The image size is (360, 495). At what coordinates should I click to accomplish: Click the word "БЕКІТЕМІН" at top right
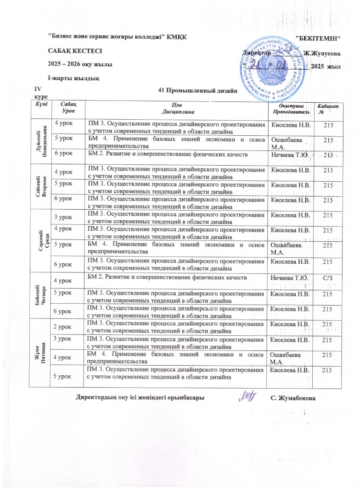click(320, 36)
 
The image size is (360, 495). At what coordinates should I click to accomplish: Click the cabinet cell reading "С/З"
click(328, 277)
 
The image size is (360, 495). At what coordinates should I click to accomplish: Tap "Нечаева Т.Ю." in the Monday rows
click(289, 156)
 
